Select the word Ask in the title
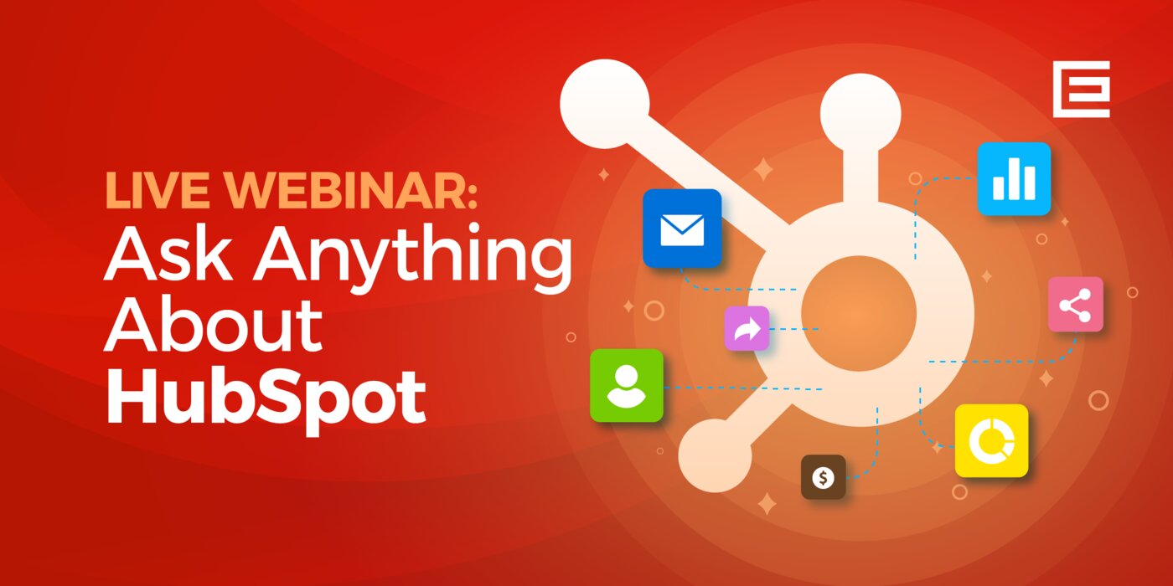point(168,253)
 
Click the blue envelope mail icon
point(682,228)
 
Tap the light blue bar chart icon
point(1014,178)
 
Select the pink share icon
point(1076,304)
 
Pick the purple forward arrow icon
point(747,328)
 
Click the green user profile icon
point(627,386)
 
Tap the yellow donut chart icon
point(991,440)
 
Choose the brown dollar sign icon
point(823,476)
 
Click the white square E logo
point(1082,89)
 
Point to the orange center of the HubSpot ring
point(859,313)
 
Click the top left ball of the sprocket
point(605,104)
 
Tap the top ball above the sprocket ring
point(860,114)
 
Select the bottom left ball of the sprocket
point(716,455)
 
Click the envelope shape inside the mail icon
point(682,229)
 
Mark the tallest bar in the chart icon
point(1015,178)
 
